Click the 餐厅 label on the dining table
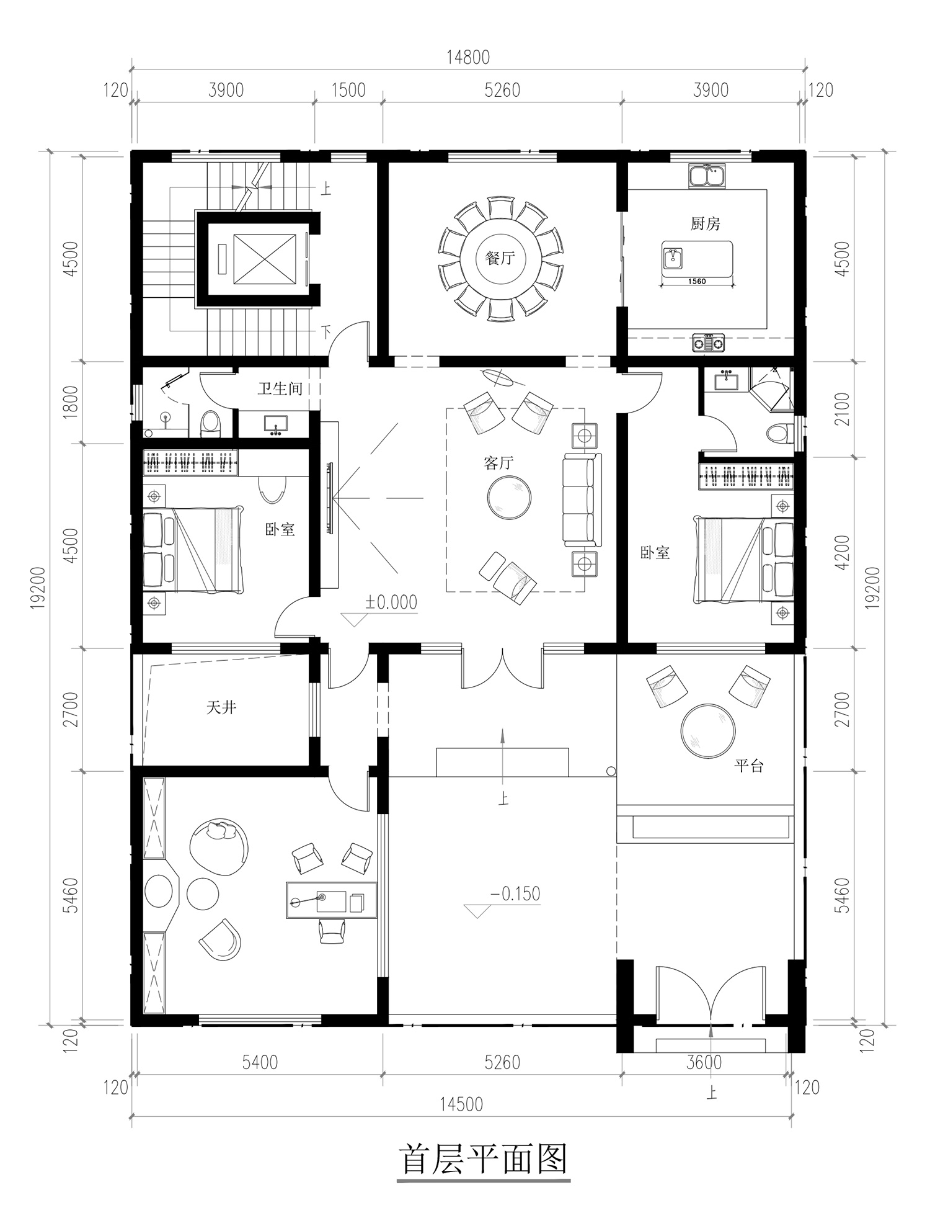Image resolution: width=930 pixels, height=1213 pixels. tap(500, 257)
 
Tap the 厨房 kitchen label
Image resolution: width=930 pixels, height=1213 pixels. tap(706, 223)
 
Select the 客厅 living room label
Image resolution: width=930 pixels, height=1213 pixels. tap(498, 462)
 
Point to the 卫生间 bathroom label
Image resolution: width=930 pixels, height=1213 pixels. tap(280, 389)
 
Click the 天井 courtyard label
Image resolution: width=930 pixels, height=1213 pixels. tap(221, 707)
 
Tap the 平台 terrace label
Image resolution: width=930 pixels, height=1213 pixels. tap(749, 766)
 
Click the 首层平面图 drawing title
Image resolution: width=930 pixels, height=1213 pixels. tap(484, 1159)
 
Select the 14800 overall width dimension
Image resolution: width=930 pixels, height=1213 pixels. tap(468, 57)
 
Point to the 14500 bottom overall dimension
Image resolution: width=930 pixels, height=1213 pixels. tap(461, 1104)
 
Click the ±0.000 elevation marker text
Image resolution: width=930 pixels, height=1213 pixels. tap(391, 602)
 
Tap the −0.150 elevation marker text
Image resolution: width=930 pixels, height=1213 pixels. tap(515, 894)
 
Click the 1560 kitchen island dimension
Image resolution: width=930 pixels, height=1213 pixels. tap(697, 281)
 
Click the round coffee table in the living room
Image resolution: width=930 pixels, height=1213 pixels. tap(509, 496)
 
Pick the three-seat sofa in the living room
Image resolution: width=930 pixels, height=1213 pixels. tap(582, 499)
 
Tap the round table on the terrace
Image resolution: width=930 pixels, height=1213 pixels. tap(708, 730)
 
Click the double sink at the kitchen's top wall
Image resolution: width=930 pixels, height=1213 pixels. tap(707, 175)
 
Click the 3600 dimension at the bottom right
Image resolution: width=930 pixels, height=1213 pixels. tap(705, 1062)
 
